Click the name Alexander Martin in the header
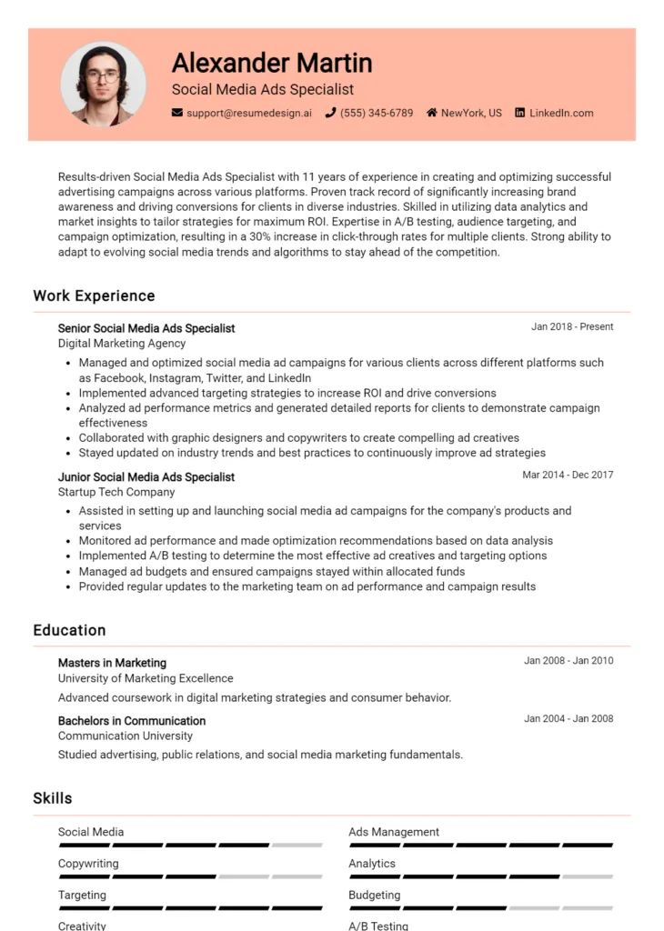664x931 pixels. point(272,63)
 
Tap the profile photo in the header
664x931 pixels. point(103,84)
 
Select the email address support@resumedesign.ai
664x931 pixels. point(248,114)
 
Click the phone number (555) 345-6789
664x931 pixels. point(377,114)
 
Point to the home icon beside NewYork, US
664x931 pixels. point(431,114)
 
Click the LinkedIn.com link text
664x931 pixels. point(561,114)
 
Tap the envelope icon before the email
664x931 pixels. point(177,114)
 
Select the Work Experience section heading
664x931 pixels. point(94,295)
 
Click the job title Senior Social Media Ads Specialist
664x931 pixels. point(146,328)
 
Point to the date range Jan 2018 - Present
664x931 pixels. point(572,327)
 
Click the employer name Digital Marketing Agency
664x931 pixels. point(122,344)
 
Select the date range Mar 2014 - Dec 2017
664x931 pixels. point(568,476)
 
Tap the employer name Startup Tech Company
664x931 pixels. point(116,492)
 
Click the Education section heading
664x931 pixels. point(69,630)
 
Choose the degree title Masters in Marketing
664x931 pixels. point(112,663)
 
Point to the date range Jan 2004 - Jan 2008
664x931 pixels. point(568,719)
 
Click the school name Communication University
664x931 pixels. point(126,736)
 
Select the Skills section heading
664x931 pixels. point(53,798)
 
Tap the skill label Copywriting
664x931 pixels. point(88,864)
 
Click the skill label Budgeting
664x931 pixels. point(374,896)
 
